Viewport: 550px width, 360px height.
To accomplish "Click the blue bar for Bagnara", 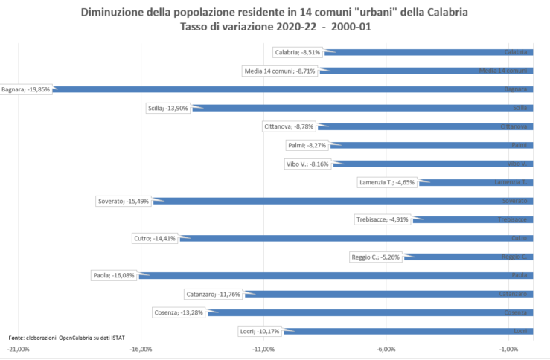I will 298,89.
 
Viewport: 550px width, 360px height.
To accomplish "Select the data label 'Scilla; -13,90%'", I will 169,108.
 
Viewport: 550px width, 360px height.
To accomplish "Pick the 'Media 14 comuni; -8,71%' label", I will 280,71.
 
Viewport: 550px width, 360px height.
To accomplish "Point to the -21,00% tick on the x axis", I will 19,348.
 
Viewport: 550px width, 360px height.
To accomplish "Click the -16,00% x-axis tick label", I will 141,348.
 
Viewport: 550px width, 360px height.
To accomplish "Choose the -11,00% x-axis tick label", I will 263,348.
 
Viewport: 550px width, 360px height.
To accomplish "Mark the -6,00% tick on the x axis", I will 386,348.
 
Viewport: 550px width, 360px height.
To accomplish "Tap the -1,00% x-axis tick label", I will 508,348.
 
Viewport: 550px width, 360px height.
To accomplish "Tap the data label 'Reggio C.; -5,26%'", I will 375,257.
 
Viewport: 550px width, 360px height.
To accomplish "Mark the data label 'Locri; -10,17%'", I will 259,331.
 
